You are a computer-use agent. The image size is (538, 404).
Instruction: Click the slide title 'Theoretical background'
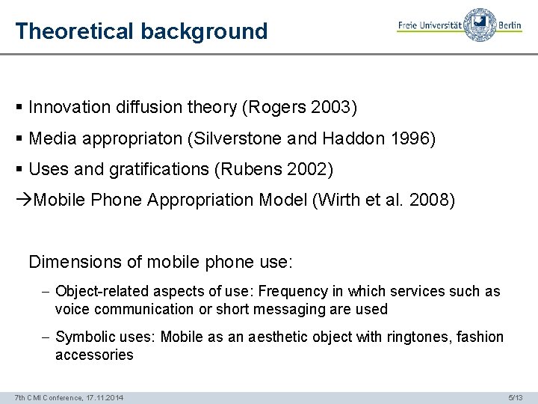(x=141, y=31)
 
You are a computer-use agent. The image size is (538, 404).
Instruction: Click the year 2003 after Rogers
(x=333, y=108)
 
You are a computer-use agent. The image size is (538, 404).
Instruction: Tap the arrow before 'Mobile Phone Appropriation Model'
(x=24, y=201)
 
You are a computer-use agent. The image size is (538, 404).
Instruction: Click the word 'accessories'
(x=94, y=355)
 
